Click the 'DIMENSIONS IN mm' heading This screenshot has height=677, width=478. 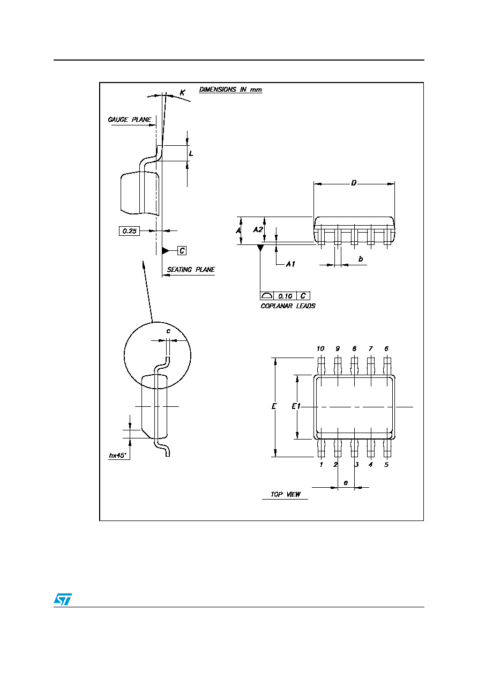coord(230,90)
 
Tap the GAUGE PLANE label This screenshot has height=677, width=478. coord(129,120)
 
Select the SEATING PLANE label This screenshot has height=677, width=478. coord(191,270)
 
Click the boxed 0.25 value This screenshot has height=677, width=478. coord(129,231)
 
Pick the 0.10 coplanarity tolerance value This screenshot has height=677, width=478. coord(285,296)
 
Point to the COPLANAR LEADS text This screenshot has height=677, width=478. coord(288,306)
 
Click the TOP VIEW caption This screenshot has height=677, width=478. coord(285,494)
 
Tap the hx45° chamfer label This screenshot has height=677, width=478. coord(118,455)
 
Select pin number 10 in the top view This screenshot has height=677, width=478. coord(320,348)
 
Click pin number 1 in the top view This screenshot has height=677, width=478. coord(321,464)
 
